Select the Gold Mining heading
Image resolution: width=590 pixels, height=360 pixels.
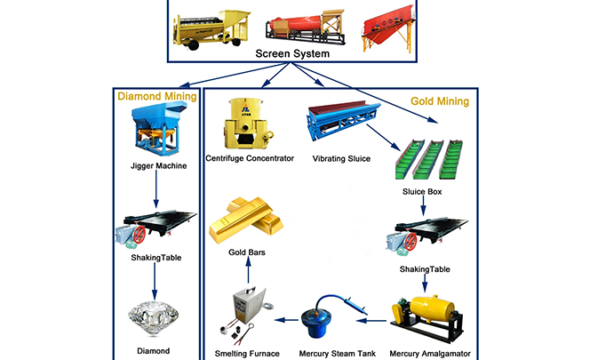pyautogui.click(x=439, y=101)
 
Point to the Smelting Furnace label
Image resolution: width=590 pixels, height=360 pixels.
pyautogui.click(x=246, y=354)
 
